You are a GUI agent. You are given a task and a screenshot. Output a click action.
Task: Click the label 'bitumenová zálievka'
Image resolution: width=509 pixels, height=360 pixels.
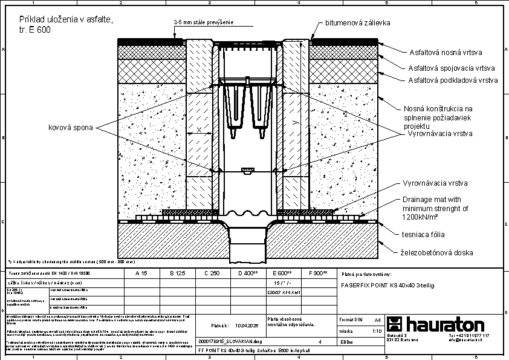point(358,23)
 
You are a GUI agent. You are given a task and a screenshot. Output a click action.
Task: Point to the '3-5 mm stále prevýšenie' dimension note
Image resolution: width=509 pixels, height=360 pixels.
point(203,23)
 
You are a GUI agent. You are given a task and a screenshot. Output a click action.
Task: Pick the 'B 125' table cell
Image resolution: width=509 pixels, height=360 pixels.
point(177,273)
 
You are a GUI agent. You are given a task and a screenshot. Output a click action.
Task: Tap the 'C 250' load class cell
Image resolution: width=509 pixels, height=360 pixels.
point(212,273)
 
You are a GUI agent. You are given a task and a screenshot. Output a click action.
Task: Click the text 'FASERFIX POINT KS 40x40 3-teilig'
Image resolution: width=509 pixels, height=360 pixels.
point(387,284)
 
